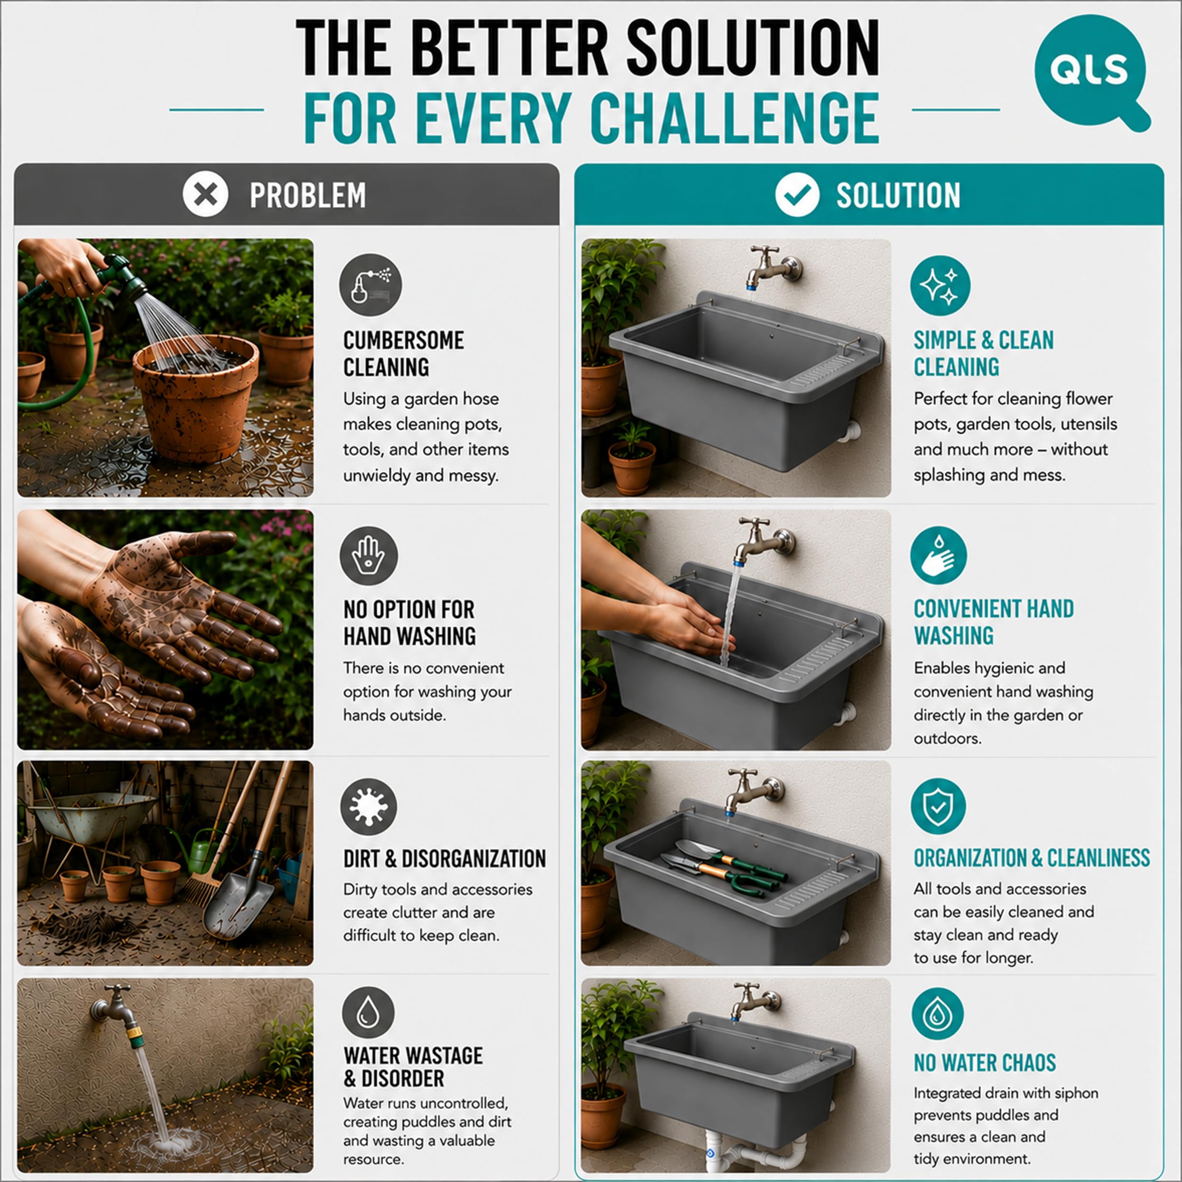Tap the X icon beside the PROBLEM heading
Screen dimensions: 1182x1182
[206, 194]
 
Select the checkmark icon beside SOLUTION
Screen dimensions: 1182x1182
[797, 194]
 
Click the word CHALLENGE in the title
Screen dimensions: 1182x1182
[735, 118]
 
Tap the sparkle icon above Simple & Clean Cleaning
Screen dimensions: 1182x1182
[940, 285]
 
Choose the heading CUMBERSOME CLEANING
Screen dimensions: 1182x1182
[404, 354]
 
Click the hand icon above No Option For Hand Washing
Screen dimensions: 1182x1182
[369, 556]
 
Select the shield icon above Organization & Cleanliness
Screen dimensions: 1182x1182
[938, 806]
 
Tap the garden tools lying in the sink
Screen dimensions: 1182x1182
[722, 868]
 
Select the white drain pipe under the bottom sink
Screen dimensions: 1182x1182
[756, 1150]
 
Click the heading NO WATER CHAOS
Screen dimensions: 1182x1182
[984, 1063]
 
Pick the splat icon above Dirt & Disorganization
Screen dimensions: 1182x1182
[368, 806]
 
